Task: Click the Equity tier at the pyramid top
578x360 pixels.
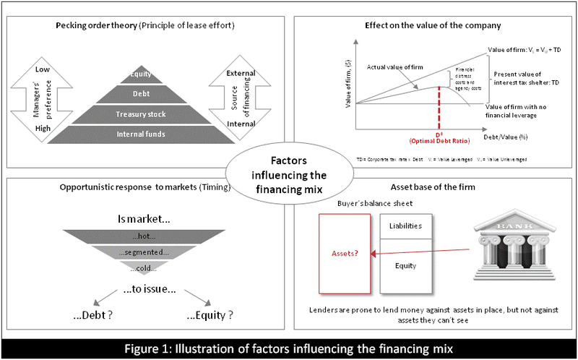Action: coord(140,74)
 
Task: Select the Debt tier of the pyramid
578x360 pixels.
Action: coord(140,94)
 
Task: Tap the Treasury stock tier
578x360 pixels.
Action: coord(140,114)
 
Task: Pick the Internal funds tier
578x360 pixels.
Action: coord(140,134)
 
